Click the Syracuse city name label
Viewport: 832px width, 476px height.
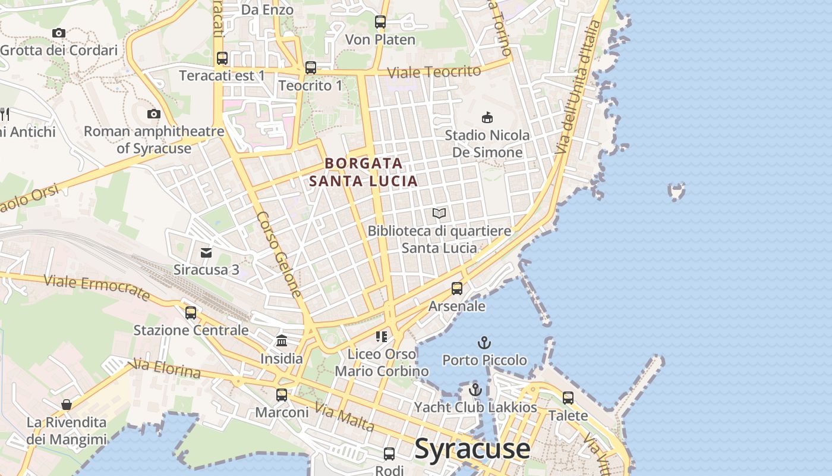tap(472, 449)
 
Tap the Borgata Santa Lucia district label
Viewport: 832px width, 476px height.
tap(363, 172)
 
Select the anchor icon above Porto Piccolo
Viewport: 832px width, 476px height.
tap(484, 343)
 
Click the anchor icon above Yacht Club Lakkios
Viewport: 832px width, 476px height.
tap(475, 390)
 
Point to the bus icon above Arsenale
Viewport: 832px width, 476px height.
tap(456, 289)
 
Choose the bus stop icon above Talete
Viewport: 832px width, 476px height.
tap(568, 397)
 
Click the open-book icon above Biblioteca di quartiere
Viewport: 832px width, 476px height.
tap(439, 213)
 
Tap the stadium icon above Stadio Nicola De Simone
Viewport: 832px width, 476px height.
tap(487, 117)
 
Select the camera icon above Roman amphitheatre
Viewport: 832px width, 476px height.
tap(154, 114)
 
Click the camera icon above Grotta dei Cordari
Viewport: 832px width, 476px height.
tap(58, 33)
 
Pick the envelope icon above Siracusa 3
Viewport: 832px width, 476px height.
tap(206, 253)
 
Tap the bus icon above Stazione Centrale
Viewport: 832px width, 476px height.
tap(190, 312)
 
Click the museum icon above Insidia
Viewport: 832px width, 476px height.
tap(282, 341)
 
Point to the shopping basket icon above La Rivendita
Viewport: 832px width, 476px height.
tap(67, 405)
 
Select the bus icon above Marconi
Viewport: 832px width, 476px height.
tap(282, 394)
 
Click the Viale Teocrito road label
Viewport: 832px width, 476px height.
tap(434, 72)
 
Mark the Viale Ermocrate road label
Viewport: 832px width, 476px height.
tap(97, 287)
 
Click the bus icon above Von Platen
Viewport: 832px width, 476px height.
tap(380, 22)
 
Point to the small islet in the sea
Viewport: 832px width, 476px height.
tap(676, 191)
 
